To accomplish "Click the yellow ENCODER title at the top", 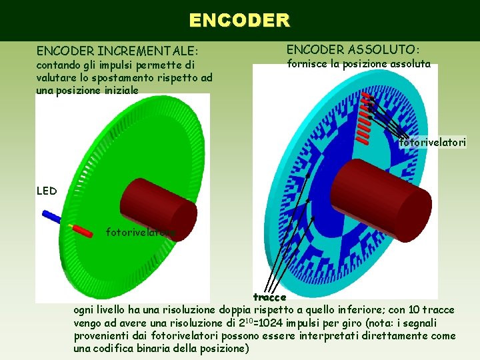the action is (x=239, y=20).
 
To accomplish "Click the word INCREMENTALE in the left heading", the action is (x=148, y=51).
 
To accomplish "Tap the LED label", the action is (x=47, y=191).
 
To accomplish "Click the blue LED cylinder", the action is (x=51, y=217).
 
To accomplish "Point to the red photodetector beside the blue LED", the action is (x=83, y=231).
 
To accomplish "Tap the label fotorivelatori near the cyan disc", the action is (x=433, y=142).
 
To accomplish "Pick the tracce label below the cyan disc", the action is (x=269, y=297).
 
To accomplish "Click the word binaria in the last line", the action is (x=176, y=349).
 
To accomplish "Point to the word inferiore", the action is (x=358, y=310).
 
